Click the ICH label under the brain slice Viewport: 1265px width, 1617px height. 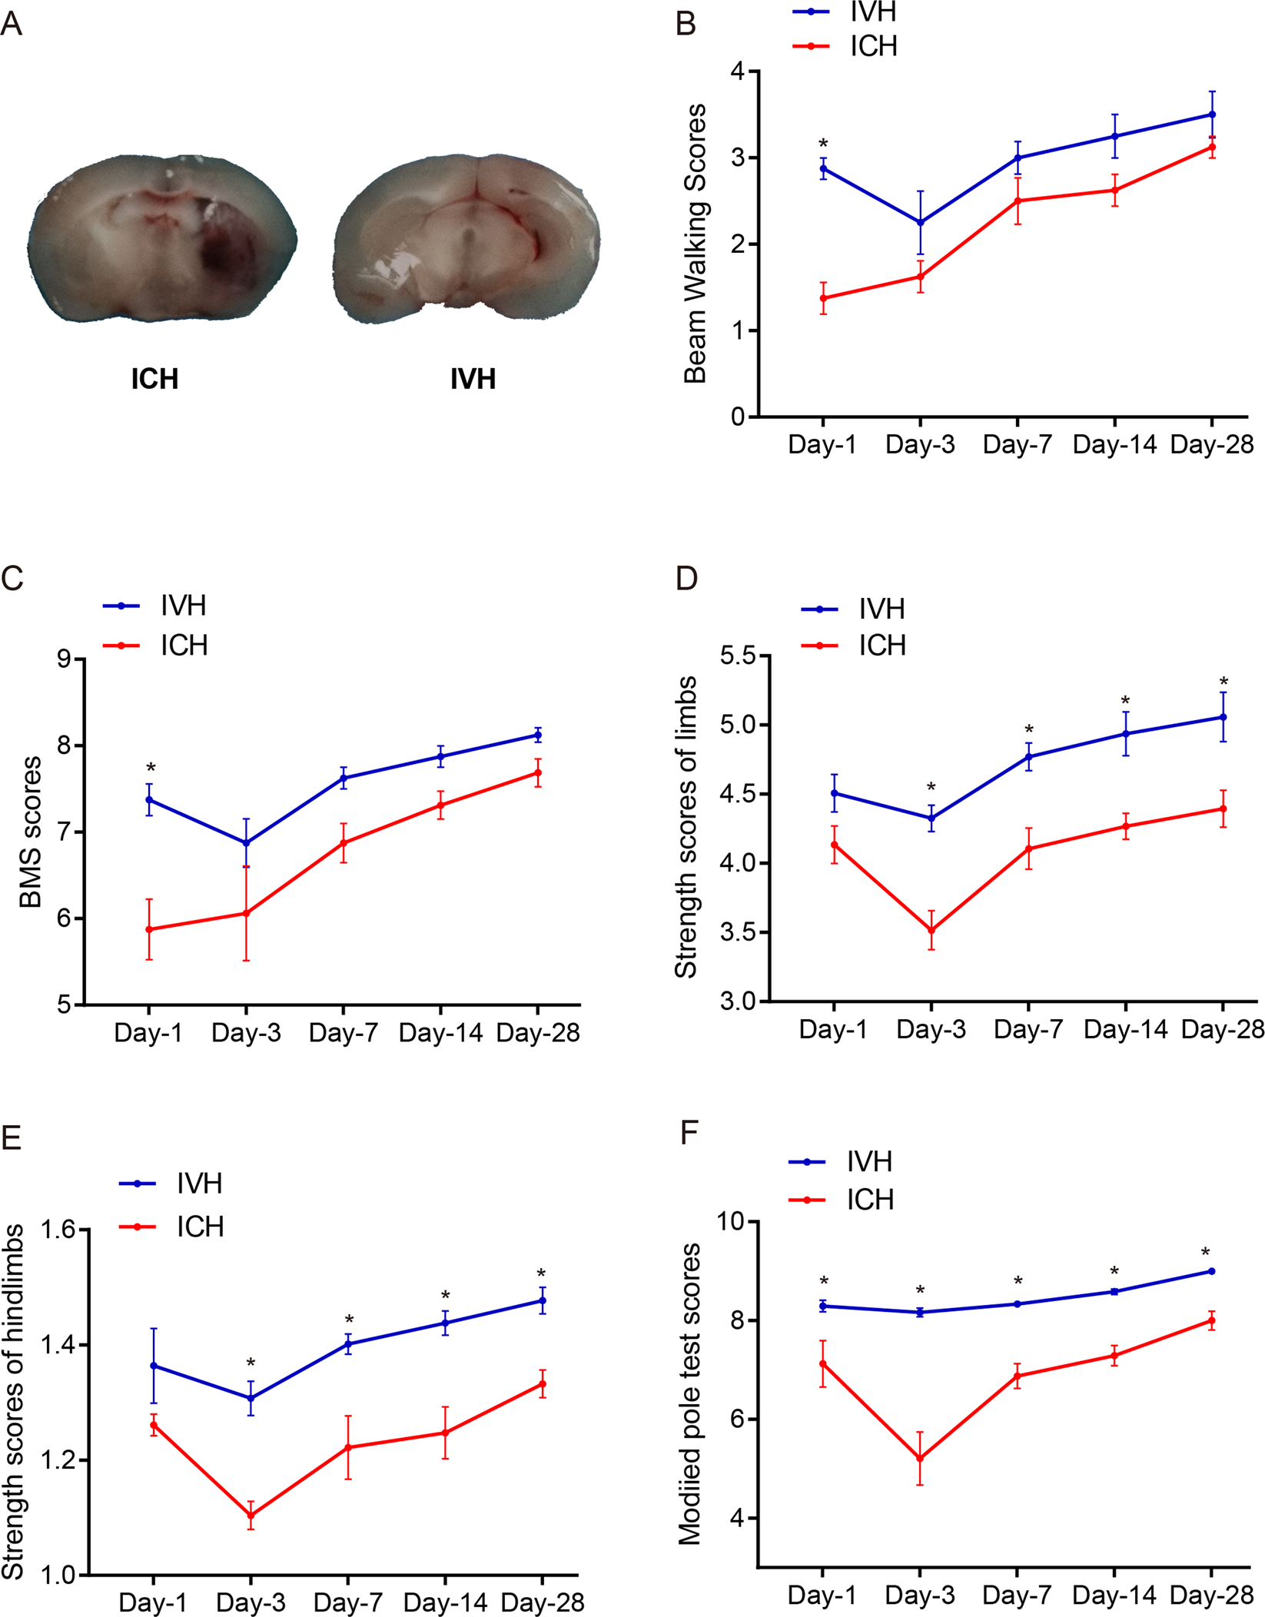pyautogui.click(x=154, y=379)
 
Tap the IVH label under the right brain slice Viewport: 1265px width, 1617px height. pyautogui.click(x=473, y=379)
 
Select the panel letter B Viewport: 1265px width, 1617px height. pyautogui.click(x=686, y=25)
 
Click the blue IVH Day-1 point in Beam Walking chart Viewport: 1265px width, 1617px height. pyautogui.click(x=823, y=168)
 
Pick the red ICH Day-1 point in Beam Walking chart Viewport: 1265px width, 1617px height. pyautogui.click(x=823, y=298)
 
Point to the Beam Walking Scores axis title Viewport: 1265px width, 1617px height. pyautogui.click(x=695, y=244)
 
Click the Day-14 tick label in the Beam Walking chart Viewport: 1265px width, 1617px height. pyautogui.click(x=1114, y=444)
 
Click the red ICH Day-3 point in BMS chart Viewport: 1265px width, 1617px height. pyautogui.click(x=246, y=913)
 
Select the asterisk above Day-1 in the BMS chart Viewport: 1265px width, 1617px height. pyautogui.click(x=151, y=769)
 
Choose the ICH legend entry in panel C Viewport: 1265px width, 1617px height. pyautogui.click(x=183, y=646)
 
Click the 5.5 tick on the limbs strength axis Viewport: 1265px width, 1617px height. pyautogui.click(x=737, y=656)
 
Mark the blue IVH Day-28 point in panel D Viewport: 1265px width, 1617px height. pyautogui.click(x=1223, y=717)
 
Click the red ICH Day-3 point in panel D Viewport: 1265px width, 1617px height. pyautogui.click(x=931, y=930)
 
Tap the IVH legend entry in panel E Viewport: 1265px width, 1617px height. pyautogui.click(x=198, y=1184)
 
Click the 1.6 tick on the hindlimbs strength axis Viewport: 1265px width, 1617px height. pyautogui.click(x=58, y=1230)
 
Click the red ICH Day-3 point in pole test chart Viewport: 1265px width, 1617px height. pyautogui.click(x=919, y=1459)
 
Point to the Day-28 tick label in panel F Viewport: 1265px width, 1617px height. pyautogui.click(x=1211, y=1595)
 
